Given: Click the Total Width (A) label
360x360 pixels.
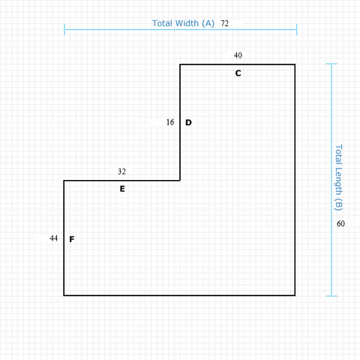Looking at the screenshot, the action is pyautogui.click(x=183, y=23).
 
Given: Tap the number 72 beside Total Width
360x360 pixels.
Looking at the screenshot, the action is pyautogui.click(x=224, y=23).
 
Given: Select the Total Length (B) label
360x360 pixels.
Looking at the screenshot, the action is pyautogui.click(x=338, y=178).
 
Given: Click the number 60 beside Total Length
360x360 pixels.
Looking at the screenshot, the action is pyautogui.click(x=340, y=223).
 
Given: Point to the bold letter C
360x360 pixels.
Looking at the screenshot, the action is pyautogui.click(x=238, y=73).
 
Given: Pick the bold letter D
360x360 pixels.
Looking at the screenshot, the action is pyautogui.click(x=188, y=122).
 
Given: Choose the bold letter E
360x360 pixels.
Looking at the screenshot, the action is pyautogui.click(x=122, y=189).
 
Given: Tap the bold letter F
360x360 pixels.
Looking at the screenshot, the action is pyautogui.click(x=72, y=239).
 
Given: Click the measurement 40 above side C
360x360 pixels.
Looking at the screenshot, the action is pyautogui.click(x=238, y=55).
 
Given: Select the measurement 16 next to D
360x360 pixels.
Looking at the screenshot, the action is pyautogui.click(x=170, y=122).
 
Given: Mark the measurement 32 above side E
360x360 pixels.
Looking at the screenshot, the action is pyautogui.click(x=121, y=172).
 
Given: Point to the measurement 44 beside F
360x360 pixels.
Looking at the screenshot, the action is pyautogui.click(x=54, y=238).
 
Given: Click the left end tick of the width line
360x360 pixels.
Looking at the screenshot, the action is pyautogui.click(x=64, y=29).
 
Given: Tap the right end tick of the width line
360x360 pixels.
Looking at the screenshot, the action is pyautogui.click(x=297, y=29).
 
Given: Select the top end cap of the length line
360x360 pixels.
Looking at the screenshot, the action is pyautogui.click(x=331, y=64).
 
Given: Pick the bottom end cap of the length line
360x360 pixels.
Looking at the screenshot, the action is pyautogui.click(x=331, y=296).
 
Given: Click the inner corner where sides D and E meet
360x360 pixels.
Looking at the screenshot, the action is pyautogui.click(x=180, y=180).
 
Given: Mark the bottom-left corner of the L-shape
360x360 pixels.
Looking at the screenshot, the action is pyautogui.click(x=64, y=295).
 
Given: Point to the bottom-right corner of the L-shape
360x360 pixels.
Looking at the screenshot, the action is pyautogui.click(x=295, y=295).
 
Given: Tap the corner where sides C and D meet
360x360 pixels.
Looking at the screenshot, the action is pyautogui.click(x=180, y=64).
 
